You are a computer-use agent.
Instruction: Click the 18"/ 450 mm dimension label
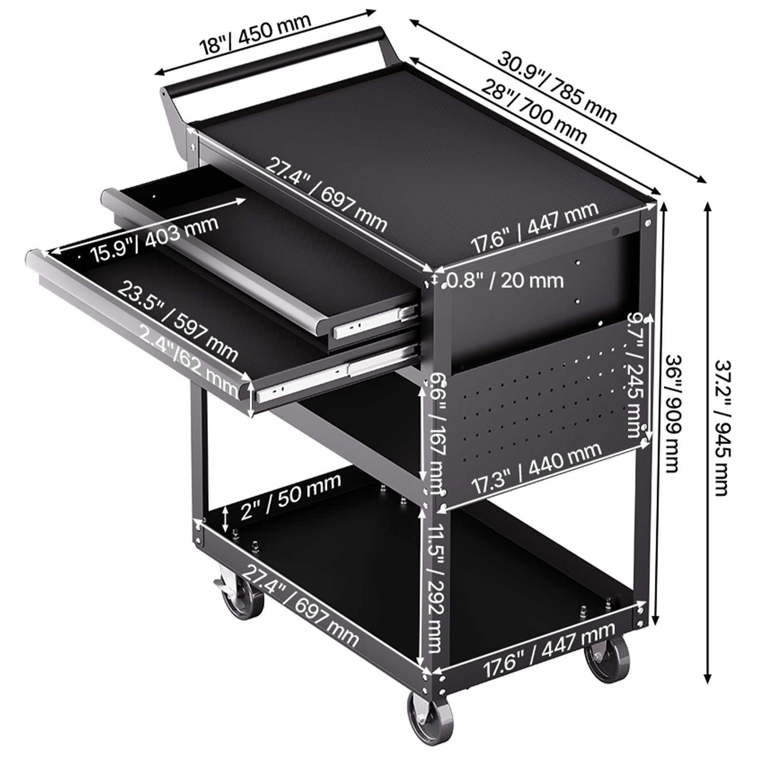(x=256, y=33)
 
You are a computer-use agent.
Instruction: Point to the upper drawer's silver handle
(x=214, y=260)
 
